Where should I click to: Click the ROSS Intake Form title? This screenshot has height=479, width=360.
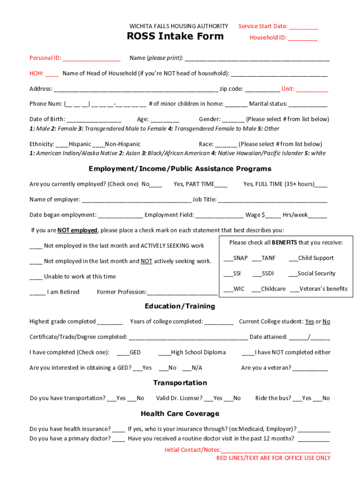pyautogui.click(x=175, y=36)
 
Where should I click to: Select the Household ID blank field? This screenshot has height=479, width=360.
pyautogui.click(x=302, y=38)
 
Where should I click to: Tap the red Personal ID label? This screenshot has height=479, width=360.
pyautogui.click(x=45, y=58)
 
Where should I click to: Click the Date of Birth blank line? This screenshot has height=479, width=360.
pyautogui.click(x=94, y=119)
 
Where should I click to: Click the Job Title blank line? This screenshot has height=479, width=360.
pyautogui.click(x=273, y=200)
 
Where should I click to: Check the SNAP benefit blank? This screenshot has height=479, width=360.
pyautogui.click(x=228, y=258)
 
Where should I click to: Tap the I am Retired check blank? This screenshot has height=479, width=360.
pyautogui.click(x=37, y=292)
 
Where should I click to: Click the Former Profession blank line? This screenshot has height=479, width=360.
pyautogui.click(x=182, y=292)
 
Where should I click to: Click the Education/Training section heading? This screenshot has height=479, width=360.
pyautogui.click(x=180, y=306)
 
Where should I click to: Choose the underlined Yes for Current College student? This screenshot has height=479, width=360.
pyautogui.click(x=310, y=322)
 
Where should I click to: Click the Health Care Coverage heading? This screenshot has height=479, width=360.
pyautogui.click(x=180, y=414)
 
